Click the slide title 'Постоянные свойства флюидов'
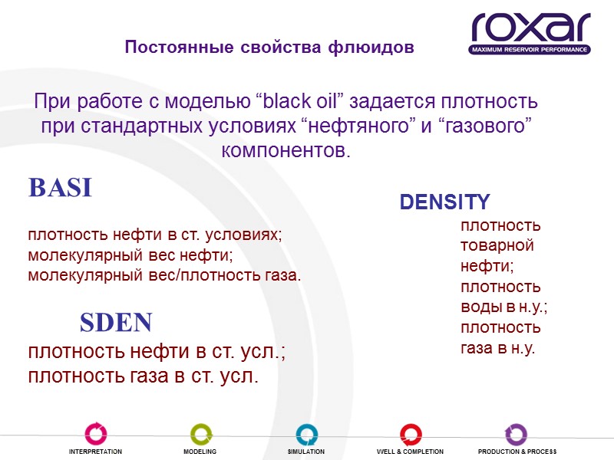[x=269, y=48]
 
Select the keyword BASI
[x=60, y=188]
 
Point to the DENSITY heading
[x=444, y=202]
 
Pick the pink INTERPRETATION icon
[x=96, y=434]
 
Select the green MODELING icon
[x=200, y=434]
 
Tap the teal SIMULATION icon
[x=306, y=434]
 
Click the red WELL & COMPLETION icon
[x=411, y=434]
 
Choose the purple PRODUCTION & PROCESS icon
[x=517, y=434]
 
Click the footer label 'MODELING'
[x=200, y=452]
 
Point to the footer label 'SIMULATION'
[x=306, y=452]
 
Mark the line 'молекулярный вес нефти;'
[x=130, y=255]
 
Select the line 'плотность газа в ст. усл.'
[x=143, y=376]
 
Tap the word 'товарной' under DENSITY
[x=497, y=246]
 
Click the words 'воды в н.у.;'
[x=503, y=307]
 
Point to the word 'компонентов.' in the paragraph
[x=286, y=150]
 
